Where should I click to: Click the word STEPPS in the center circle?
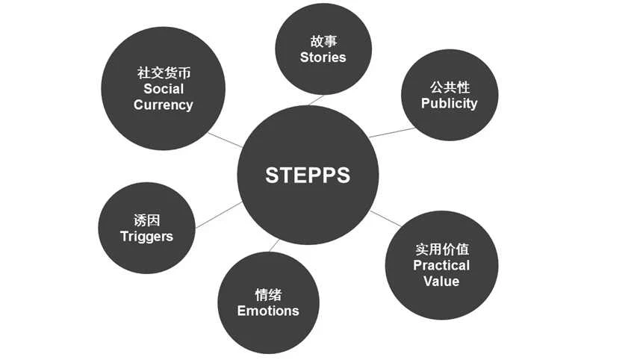[308, 175]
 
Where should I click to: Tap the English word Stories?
[323, 57]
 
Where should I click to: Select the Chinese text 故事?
[323, 41]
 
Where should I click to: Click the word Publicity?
[449, 103]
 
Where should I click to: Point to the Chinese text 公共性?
[449, 87]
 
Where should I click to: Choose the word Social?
[163, 89]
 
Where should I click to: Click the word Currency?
[163, 105]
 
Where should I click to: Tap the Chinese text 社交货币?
[163, 73]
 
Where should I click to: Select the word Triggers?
[146, 236]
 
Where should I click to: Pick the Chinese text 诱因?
[146, 220]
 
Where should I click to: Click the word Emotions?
[268, 311]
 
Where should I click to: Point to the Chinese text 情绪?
[268, 295]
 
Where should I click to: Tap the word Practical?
[441, 265]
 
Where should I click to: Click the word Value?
[441, 281]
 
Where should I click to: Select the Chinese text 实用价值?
[441, 249]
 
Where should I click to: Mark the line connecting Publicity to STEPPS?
[391, 132]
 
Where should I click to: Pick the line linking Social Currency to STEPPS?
[224, 140]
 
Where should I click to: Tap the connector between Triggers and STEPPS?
[218, 214]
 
